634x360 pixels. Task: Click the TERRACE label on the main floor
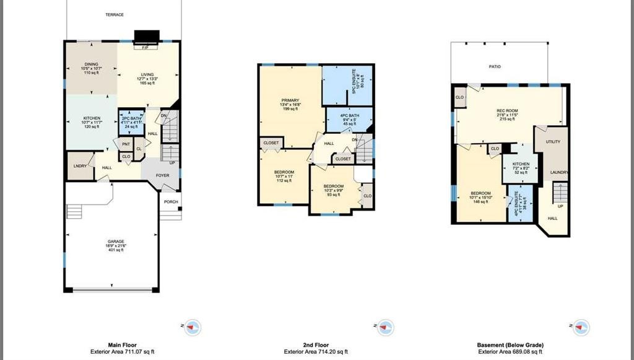coord(114,14)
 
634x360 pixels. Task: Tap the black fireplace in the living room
coord(146,36)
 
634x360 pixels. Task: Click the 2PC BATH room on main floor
coord(131,122)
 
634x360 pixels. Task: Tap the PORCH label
coord(171,202)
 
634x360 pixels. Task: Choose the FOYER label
coord(162,175)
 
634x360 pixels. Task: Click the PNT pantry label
coord(126,144)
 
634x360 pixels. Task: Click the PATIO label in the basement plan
coord(495,66)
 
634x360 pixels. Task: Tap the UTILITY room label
coord(553,142)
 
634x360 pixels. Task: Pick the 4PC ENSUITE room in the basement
coord(519,205)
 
